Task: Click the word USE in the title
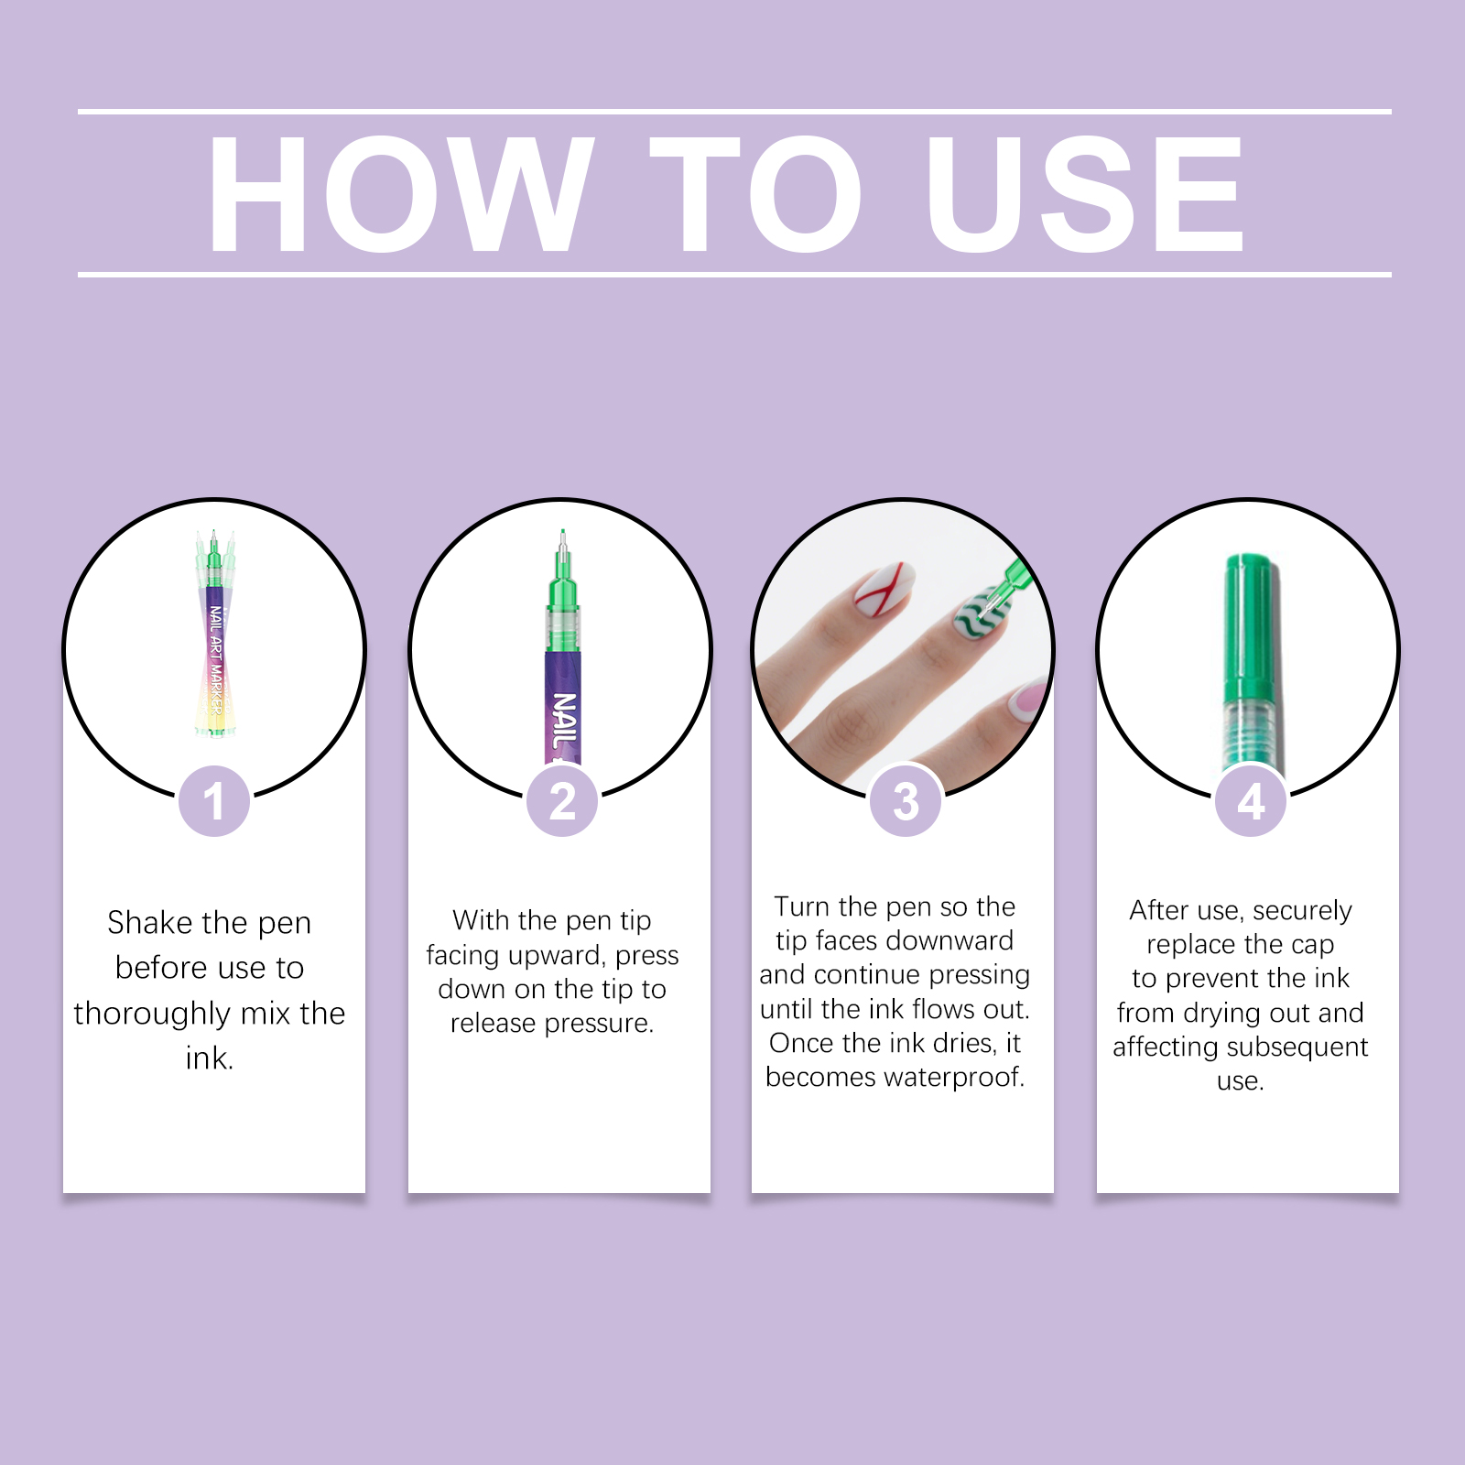click(x=1085, y=194)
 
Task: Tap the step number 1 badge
click(x=214, y=801)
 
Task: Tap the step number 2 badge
click(x=562, y=801)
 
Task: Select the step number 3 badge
click(x=906, y=801)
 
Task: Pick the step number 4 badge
click(x=1251, y=801)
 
